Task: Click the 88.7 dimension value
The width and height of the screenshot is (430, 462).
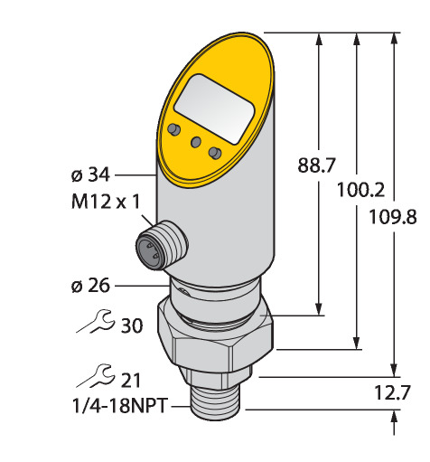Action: click(316, 165)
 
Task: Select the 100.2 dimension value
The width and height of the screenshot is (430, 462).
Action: click(360, 190)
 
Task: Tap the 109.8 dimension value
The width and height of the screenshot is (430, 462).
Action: click(393, 217)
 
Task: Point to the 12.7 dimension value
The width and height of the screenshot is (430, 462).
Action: click(392, 392)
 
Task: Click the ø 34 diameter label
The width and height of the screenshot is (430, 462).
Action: click(90, 174)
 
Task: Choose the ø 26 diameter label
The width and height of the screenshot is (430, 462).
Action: click(90, 286)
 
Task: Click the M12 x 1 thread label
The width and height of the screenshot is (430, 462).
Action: click(106, 202)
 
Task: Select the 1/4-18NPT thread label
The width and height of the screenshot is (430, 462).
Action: click(119, 406)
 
